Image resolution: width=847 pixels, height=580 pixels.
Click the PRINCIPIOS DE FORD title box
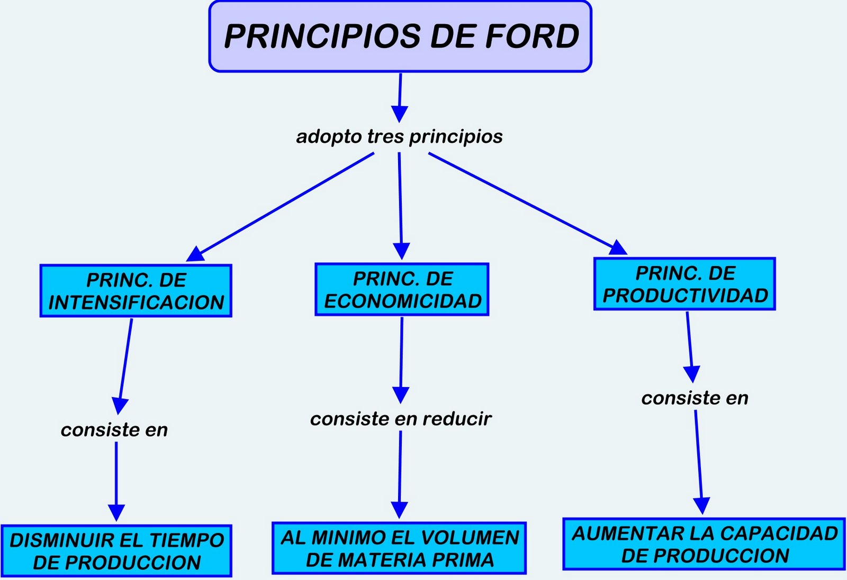[400, 36]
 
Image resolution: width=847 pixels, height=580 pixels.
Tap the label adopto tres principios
[399, 136]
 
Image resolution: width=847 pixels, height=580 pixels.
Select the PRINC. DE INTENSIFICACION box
[136, 291]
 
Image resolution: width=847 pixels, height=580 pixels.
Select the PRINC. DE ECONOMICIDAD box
[402, 290]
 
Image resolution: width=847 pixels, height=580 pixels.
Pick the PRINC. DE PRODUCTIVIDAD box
[684, 284]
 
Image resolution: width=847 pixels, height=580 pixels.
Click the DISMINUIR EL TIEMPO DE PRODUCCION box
[116, 551]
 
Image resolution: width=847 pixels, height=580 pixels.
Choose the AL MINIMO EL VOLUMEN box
[399, 548]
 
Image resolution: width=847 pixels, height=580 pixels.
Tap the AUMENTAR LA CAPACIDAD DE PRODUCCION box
[704, 544]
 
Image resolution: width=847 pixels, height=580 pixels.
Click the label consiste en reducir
[401, 419]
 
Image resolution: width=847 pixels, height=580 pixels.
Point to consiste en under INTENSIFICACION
[114, 430]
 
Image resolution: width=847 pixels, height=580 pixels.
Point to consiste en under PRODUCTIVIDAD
[695, 398]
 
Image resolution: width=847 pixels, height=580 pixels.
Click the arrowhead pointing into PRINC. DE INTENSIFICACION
[195, 254]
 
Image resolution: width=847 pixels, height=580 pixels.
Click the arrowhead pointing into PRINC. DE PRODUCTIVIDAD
[618, 247]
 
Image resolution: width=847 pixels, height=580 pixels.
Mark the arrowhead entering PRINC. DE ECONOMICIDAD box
[401, 251]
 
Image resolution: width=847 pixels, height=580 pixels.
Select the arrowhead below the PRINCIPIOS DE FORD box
[399, 114]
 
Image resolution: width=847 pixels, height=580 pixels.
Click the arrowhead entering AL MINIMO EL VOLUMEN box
[399, 510]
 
